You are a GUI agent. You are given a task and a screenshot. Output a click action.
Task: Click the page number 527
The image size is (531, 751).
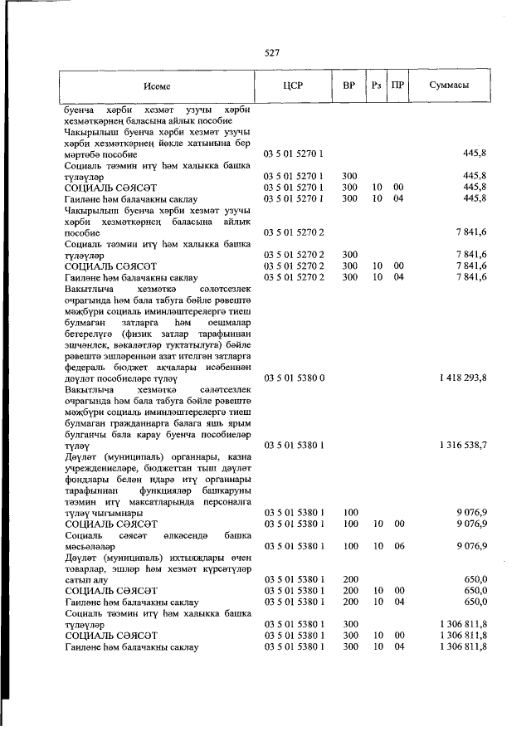tap(271, 53)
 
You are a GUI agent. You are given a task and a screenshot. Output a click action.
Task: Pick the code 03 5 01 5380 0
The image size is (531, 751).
tap(294, 378)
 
